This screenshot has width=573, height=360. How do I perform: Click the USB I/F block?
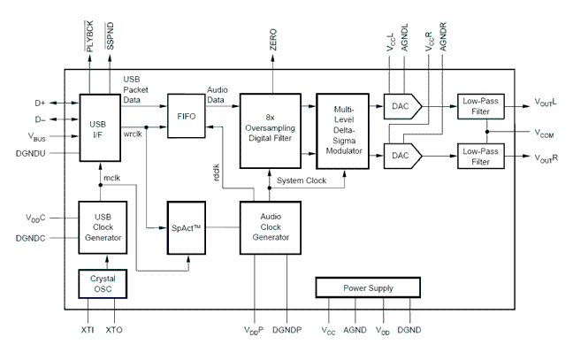(98, 126)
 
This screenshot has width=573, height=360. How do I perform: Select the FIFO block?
(187, 115)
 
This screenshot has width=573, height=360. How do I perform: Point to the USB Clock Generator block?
(103, 228)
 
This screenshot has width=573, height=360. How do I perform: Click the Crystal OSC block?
(103, 283)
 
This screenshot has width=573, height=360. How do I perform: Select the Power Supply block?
(370, 287)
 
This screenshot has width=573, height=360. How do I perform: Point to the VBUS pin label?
(37, 137)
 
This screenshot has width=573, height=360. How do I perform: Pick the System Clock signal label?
(302, 180)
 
